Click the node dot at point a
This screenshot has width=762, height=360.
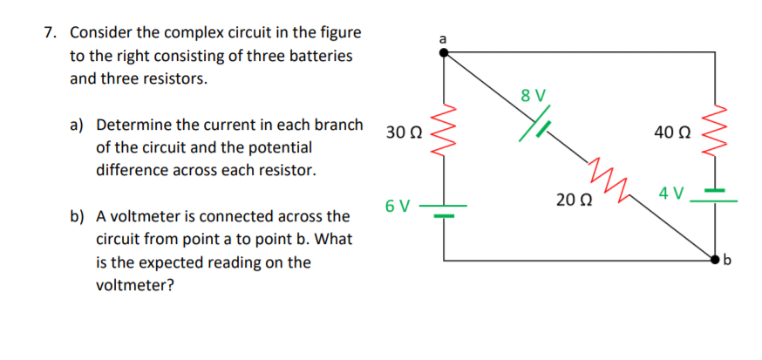pyautogui.click(x=444, y=52)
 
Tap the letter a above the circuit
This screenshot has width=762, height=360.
pyautogui.click(x=443, y=38)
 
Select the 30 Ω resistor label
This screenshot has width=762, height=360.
pyautogui.click(x=402, y=133)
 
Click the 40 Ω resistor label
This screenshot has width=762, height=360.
pyautogui.click(x=672, y=132)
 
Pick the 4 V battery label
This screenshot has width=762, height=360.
pyautogui.click(x=671, y=192)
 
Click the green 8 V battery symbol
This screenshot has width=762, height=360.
pyautogui.click(x=533, y=123)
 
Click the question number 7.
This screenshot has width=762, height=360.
pyautogui.click(x=51, y=33)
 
